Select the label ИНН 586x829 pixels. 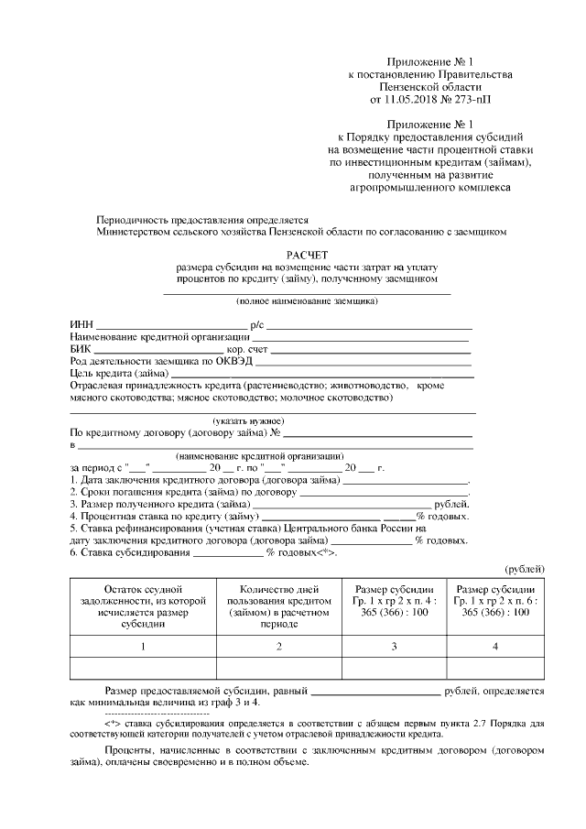click(81, 325)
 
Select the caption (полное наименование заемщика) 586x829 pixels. click(306, 300)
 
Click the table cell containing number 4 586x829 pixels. click(495, 647)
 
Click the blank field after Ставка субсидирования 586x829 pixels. click(227, 551)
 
